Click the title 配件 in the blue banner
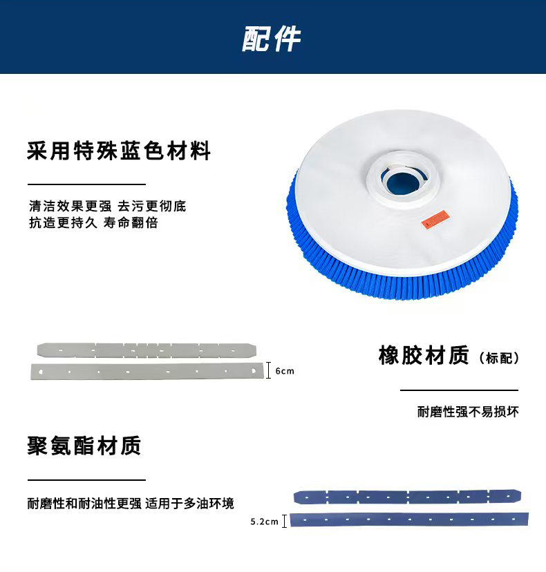pyautogui.click(x=271, y=38)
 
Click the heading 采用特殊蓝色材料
pyautogui.click(x=119, y=151)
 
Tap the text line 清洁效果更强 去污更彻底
pyautogui.click(x=108, y=206)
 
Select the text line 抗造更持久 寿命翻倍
pyautogui.click(x=93, y=222)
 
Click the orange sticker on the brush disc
pyautogui.click(x=435, y=218)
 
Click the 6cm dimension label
pyautogui.click(x=285, y=371)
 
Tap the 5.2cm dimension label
pyautogui.click(x=264, y=522)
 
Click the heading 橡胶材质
pyautogui.click(x=424, y=355)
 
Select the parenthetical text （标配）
pyautogui.click(x=498, y=358)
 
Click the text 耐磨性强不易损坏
pyautogui.click(x=468, y=412)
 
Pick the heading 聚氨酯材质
pyautogui.click(x=84, y=446)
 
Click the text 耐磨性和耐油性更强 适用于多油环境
pyautogui.click(x=131, y=504)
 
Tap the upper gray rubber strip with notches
pyautogui.click(x=147, y=350)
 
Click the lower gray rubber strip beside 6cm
pyautogui.click(x=147, y=372)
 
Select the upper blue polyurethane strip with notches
pyautogui.click(x=407, y=497)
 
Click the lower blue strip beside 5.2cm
pyautogui.click(x=409, y=519)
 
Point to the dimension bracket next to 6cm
pyautogui.click(x=269, y=370)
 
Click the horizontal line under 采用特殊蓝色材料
pyautogui.click(x=87, y=184)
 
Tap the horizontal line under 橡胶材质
pyautogui.click(x=459, y=390)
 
